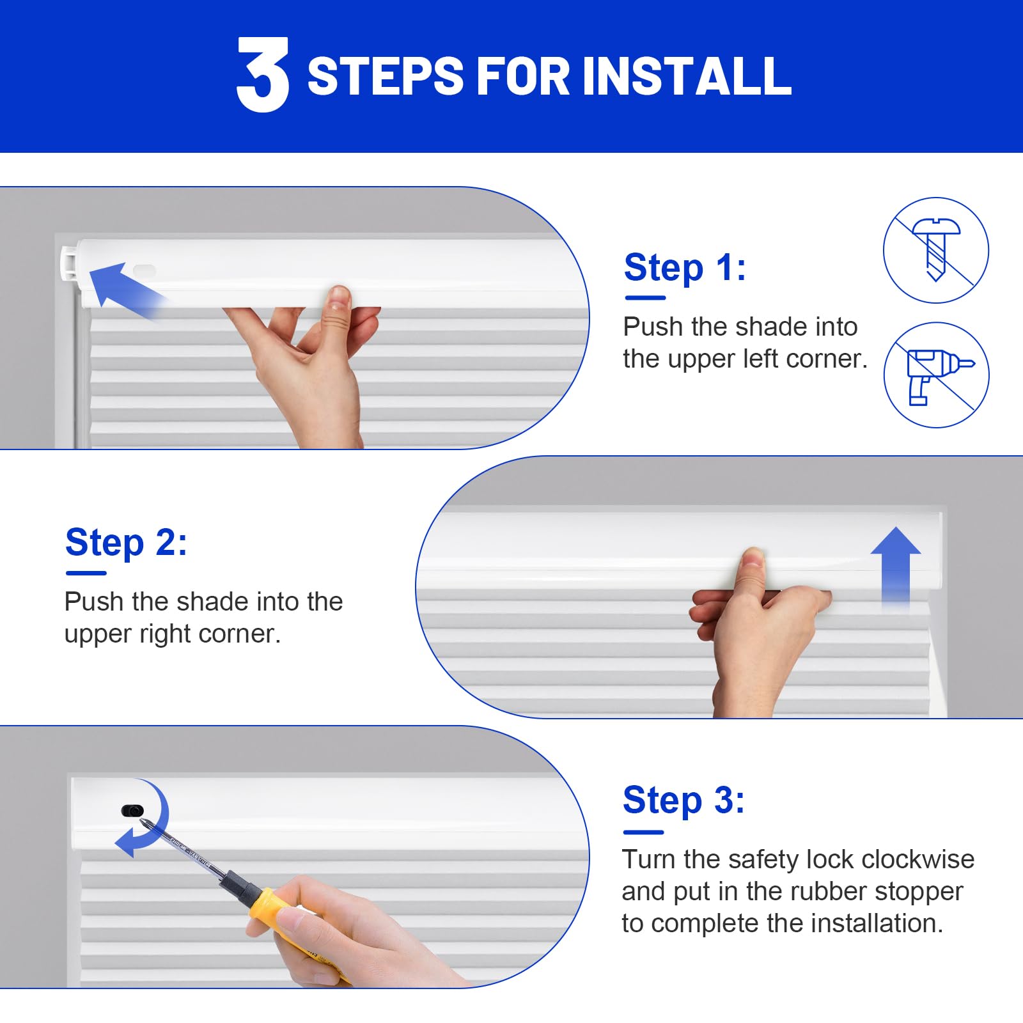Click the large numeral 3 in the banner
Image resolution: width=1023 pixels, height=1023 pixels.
[x=263, y=74]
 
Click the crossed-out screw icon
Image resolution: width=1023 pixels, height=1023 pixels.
[x=936, y=250]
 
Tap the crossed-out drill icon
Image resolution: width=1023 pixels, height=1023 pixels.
[x=937, y=375]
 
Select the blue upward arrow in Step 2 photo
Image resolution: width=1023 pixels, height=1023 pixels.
[x=896, y=566]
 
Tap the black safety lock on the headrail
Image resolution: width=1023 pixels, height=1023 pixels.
[x=132, y=811]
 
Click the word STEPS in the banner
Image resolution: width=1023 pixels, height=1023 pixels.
[x=386, y=76]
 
